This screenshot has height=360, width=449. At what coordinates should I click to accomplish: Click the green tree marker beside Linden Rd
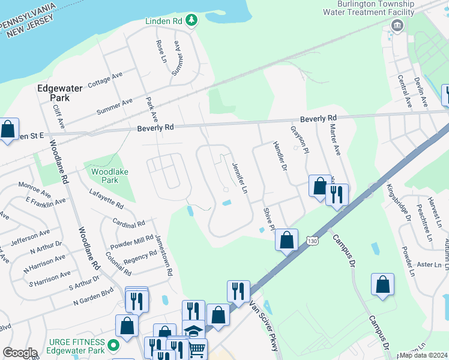click(x=191, y=21)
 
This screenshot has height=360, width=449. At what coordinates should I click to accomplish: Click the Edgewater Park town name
click(x=59, y=93)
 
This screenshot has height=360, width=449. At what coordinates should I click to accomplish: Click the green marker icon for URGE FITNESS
click(x=113, y=346)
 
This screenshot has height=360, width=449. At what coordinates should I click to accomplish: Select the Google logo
click(x=20, y=353)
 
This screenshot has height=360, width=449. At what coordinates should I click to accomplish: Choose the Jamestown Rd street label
click(x=164, y=255)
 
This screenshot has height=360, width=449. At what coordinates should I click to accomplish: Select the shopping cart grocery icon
click(x=197, y=349)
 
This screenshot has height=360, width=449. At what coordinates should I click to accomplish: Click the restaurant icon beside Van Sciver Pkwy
click(x=238, y=292)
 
